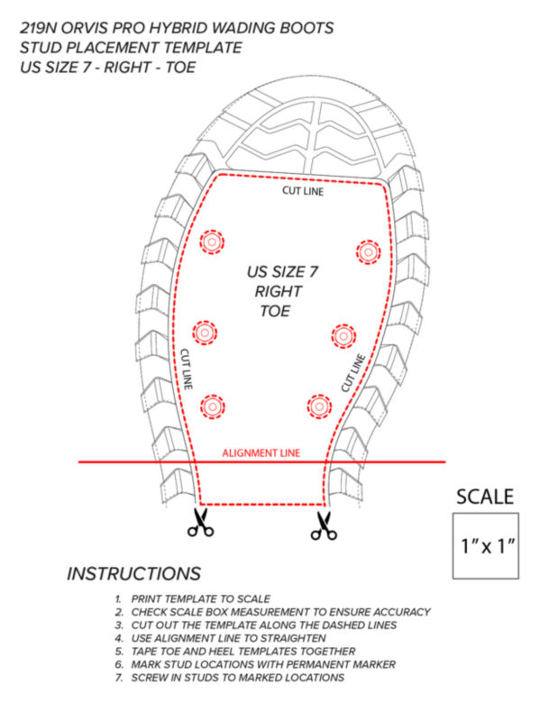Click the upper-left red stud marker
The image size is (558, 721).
coord(212,242)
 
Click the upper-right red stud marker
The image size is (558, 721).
coord(368,251)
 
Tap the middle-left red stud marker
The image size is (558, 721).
coord(205,332)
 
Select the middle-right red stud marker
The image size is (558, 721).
coord(343,336)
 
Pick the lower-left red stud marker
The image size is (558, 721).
coord(212,406)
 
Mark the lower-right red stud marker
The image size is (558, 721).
coord(319,406)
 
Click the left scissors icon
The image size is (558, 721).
coord(200,523)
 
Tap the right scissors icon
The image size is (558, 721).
coord(324,525)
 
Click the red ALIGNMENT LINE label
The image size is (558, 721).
coord(261,453)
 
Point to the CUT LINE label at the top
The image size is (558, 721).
coord(303,191)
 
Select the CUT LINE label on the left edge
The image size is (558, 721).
coord(186,370)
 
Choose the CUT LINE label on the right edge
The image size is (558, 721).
coord(353,373)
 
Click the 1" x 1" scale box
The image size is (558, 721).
coord(486,546)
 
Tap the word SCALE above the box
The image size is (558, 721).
coord(485,497)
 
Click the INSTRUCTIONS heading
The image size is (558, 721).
coord(133,573)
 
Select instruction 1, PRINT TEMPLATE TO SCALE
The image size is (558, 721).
coord(192,598)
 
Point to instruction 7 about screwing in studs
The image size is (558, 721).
coord(230,678)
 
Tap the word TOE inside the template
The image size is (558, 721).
coord(275,311)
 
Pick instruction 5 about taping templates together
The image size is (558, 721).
coord(235,651)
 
